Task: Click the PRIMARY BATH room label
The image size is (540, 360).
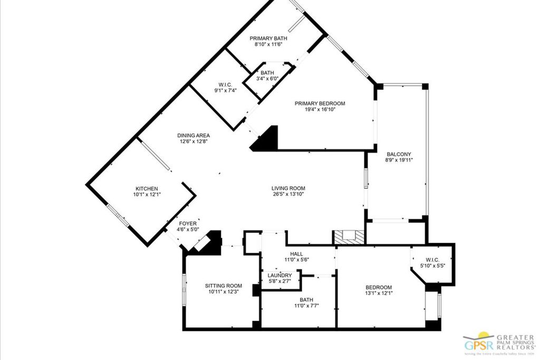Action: [267, 38]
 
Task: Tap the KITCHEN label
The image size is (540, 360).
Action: [147, 189]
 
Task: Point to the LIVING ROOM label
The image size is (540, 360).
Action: [288, 188]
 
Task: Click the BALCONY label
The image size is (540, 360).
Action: [398, 154]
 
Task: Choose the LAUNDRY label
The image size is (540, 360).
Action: [279, 275]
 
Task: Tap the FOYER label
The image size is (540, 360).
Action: [188, 223]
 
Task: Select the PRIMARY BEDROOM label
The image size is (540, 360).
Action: [320, 103]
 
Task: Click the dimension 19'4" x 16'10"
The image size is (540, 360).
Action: [320, 110]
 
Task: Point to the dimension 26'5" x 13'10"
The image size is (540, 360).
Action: [288, 194]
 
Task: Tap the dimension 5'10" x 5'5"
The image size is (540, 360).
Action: [432, 266]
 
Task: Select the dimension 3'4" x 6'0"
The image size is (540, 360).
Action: [267, 79]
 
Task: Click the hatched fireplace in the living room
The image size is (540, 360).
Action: [349, 237]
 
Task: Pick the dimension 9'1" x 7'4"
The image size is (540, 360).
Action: [225, 90]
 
